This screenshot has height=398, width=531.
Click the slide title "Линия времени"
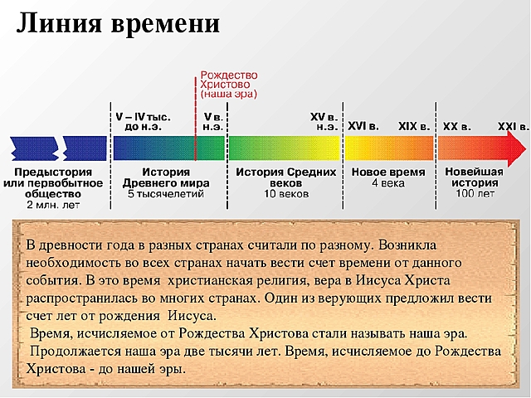[118, 22]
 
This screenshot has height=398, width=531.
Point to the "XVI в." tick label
[363, 126]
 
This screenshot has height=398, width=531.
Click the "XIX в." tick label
[413, 126]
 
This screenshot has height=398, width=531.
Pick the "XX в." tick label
[456, 126]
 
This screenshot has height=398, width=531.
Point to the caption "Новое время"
[388, 172]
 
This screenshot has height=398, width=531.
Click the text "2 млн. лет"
[53, 202]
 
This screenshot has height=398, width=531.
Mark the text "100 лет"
[474, 193]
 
